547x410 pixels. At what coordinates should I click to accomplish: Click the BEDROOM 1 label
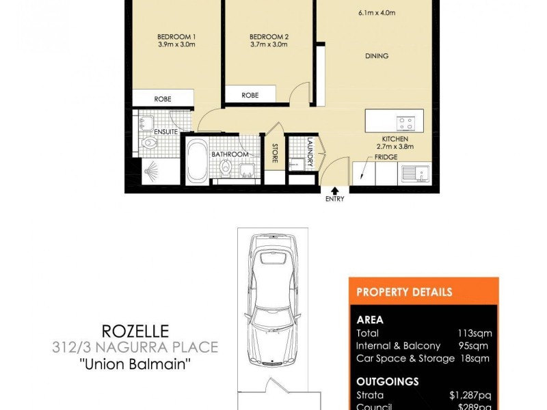tap(177, 36)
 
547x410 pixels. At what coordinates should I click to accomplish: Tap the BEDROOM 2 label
tap(268, 36)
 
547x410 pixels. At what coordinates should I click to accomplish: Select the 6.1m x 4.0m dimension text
tap(377, 12)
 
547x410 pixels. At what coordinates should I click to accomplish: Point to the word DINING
tap(377, 56)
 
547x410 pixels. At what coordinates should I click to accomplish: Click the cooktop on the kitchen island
tap(405, 124)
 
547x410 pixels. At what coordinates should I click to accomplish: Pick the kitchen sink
tap(415, 173)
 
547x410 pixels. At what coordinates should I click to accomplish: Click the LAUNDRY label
tap(310, 152)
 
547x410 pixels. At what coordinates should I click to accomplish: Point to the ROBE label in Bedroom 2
tap(250, 96)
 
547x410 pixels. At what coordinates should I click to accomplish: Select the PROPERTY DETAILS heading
tap(404, 292)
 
